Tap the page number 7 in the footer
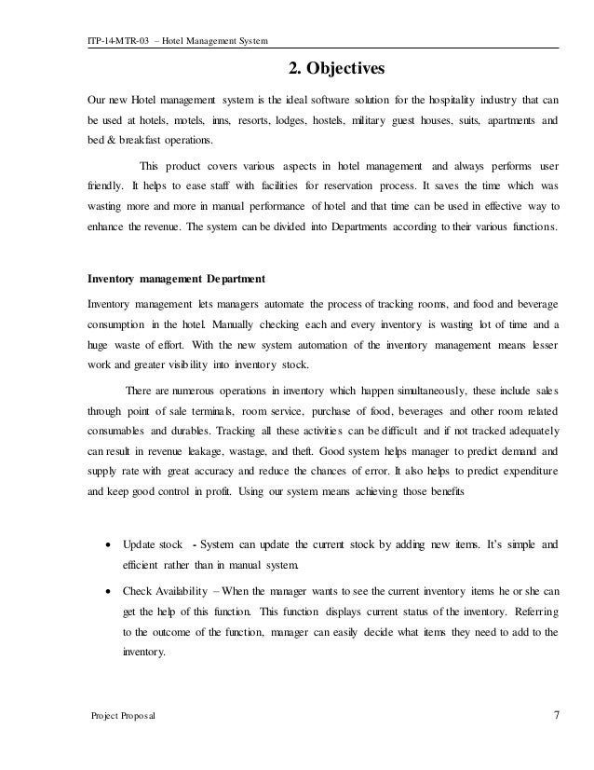click(556, 715)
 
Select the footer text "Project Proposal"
click(122, 716)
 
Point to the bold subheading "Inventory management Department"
click(175, 277)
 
